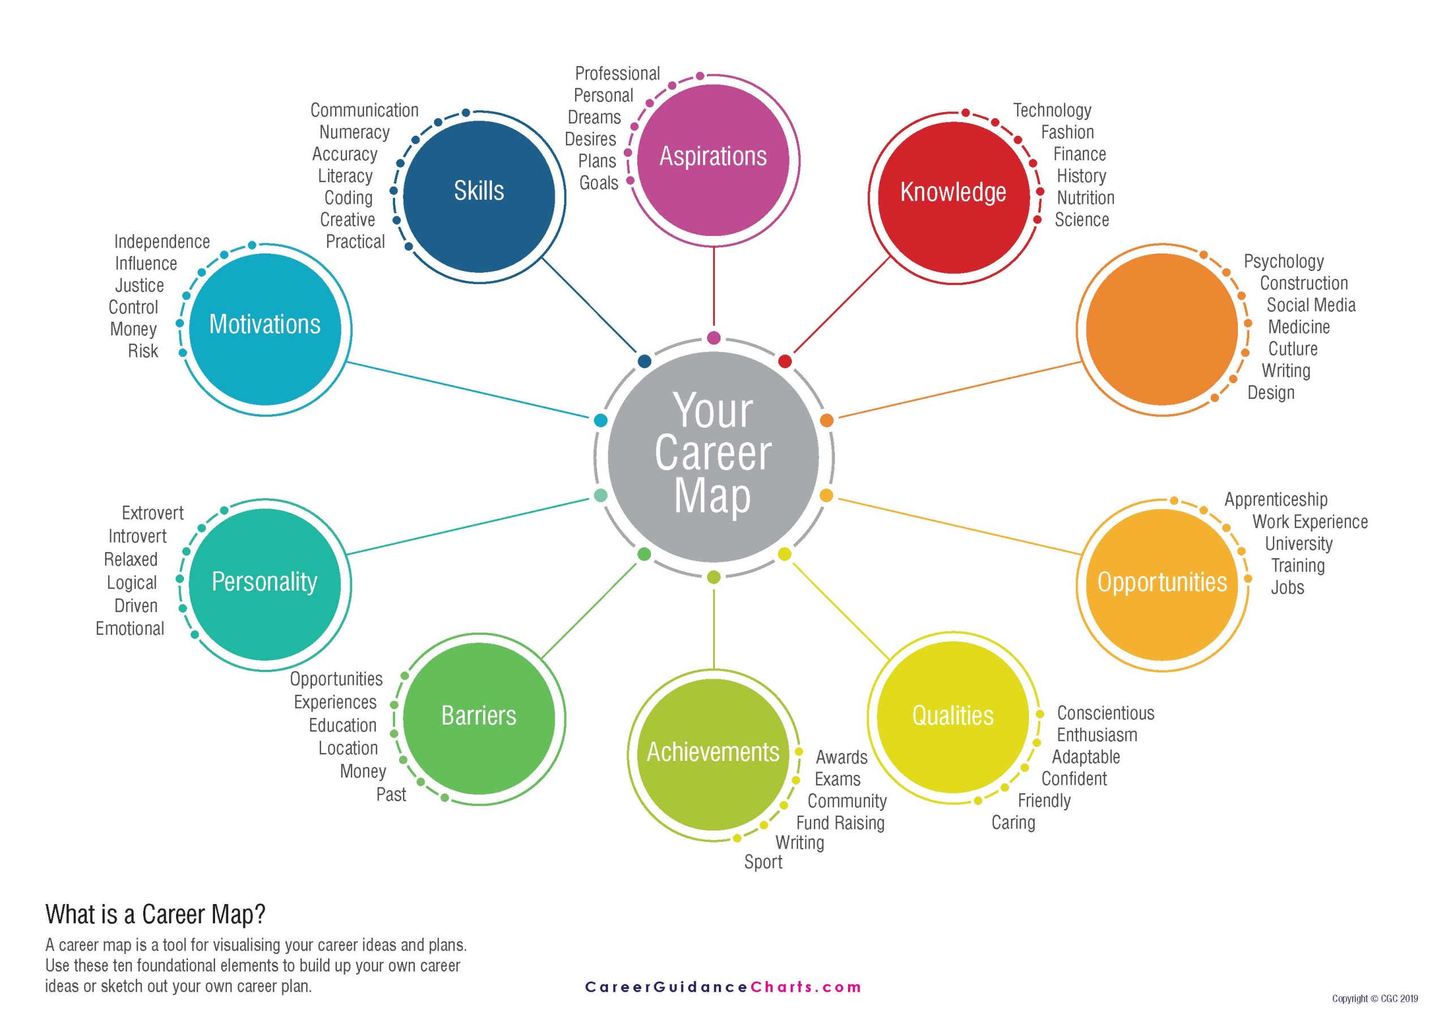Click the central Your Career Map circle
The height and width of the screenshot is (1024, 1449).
point(713,455)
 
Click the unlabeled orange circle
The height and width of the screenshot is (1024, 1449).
point(1162,329)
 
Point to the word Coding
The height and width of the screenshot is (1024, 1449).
point(348,198)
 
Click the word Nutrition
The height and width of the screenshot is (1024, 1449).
point(1086,198)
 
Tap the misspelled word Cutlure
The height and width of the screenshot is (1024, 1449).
point(1292,349)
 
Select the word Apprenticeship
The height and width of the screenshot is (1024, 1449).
point(1275,500)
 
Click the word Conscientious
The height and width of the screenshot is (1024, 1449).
point(1105,713)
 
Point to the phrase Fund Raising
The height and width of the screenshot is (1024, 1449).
point(840,823)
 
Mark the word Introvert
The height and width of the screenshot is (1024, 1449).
point(137,536)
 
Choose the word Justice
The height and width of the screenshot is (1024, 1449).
point(139,285)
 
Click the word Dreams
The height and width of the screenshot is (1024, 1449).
point(594,117)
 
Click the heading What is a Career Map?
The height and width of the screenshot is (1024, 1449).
point(155,914)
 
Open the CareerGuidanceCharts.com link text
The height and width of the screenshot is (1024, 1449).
point(723,987)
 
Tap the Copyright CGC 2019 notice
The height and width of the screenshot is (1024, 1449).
point(1374,999)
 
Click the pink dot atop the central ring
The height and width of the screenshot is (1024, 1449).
point(714,338)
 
